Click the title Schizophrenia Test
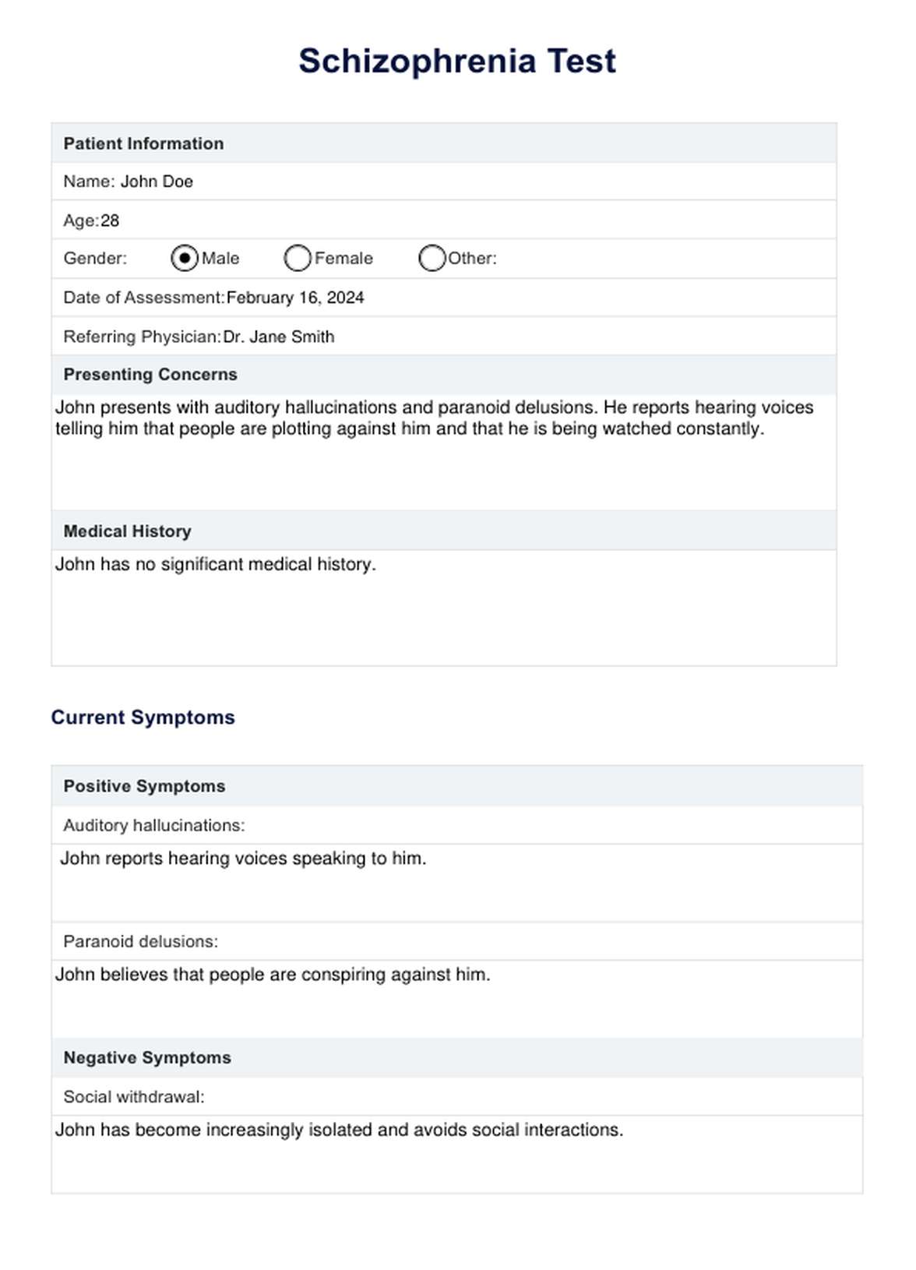457,62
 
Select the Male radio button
185,258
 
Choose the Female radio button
298,258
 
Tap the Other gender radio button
432,258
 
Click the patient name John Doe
157,182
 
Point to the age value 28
110,220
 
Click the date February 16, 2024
295,298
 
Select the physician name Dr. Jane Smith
279,337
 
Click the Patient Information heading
143,143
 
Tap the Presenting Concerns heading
150,374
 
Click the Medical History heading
128,531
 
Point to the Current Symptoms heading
143,718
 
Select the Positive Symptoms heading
144,786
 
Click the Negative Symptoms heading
147,1057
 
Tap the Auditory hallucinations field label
154,825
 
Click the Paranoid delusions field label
141,941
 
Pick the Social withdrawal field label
134,1097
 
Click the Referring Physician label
143,337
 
